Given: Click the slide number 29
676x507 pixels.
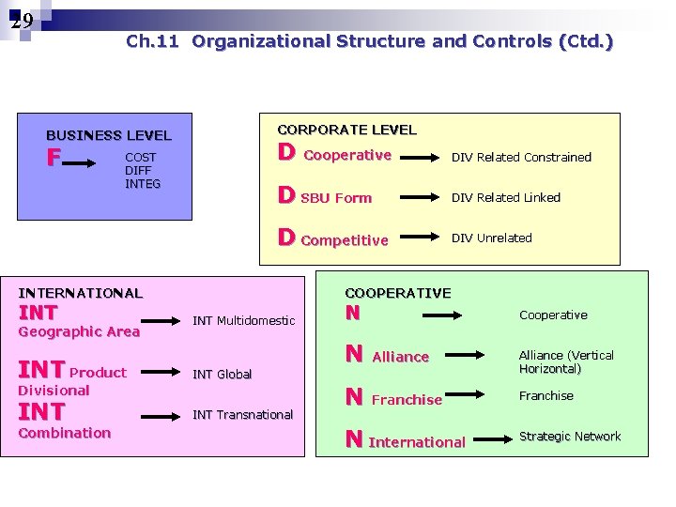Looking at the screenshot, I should [x=22, y=21].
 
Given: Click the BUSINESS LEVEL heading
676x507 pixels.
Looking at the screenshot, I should [x=109, y=135].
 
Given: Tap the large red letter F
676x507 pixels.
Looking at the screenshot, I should [x=54, y=158].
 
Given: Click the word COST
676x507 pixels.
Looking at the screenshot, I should [x=141, y=157].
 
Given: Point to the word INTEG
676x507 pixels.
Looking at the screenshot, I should [x=143, y=183].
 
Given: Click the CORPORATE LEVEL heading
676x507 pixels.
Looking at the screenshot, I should [x=346, y=130].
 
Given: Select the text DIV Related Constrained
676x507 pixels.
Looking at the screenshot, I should [x=521, y=157].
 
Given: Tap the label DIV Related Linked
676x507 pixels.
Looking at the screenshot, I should [x=506, y=197].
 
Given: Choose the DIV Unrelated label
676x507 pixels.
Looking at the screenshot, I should [x=492, y=238].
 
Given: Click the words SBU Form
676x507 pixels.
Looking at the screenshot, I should [x=336, y=198].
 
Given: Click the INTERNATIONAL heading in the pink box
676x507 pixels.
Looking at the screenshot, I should [x=81, y=293].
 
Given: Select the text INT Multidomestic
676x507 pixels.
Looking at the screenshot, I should [x=243, y=320].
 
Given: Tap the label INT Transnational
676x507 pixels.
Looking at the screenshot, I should [x=242, y=414].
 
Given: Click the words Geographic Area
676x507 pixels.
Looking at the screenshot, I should [x=79, y=331].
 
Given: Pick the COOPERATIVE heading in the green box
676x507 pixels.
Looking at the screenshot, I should [x=398, y=293].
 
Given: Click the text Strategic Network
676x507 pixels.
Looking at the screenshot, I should [x=570, y=436].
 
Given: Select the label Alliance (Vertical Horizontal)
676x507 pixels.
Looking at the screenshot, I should [x=566, y=361].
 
